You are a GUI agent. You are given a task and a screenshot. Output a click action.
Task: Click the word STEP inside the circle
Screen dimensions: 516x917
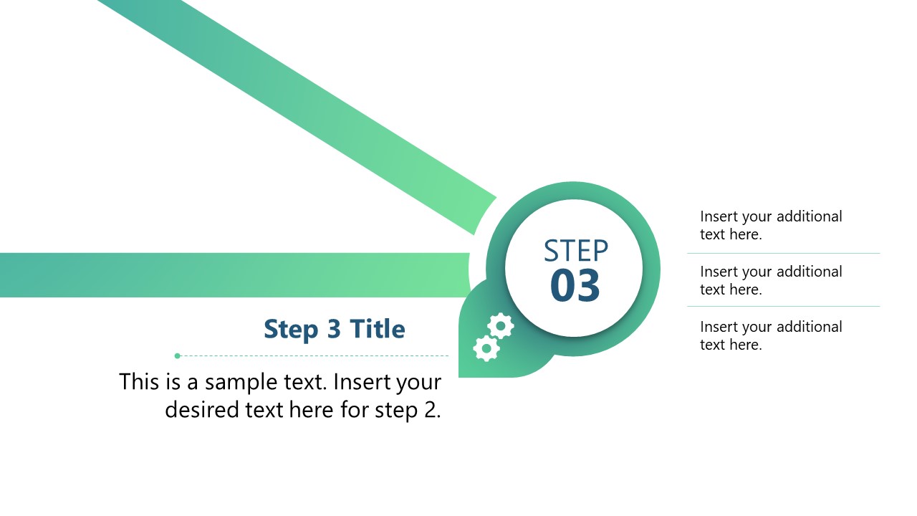click(x=575, y=251)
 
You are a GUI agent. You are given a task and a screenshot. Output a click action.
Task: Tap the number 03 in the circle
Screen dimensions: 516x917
click(x=575, y=285)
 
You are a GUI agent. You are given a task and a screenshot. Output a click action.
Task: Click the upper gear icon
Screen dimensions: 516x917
click(x=500, y=327)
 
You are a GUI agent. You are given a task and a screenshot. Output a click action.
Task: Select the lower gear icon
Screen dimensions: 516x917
click(x=486, y=348)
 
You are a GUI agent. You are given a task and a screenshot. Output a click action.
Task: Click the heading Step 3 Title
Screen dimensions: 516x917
click(x=334, y=329)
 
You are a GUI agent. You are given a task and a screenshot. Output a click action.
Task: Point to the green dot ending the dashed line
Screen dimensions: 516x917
click(x=178, y=355)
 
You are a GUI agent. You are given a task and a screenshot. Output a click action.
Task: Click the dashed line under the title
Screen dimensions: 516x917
click(x=315, y=355)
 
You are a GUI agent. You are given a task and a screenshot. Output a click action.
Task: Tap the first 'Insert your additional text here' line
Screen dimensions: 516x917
click(x=770, y=225)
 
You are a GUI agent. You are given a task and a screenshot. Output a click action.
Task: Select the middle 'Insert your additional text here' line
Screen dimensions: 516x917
click(x=770, y=280)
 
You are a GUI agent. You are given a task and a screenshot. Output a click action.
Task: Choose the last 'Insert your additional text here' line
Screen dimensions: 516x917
click(x=770, y=335)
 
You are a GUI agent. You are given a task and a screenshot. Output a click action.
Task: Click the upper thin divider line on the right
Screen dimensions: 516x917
click(x=783, y=253)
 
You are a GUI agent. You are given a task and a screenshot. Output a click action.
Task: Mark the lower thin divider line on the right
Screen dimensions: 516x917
click(x=783, y=307)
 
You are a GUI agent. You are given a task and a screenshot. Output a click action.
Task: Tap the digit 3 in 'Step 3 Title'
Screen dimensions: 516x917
click(x=334, y=329)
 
